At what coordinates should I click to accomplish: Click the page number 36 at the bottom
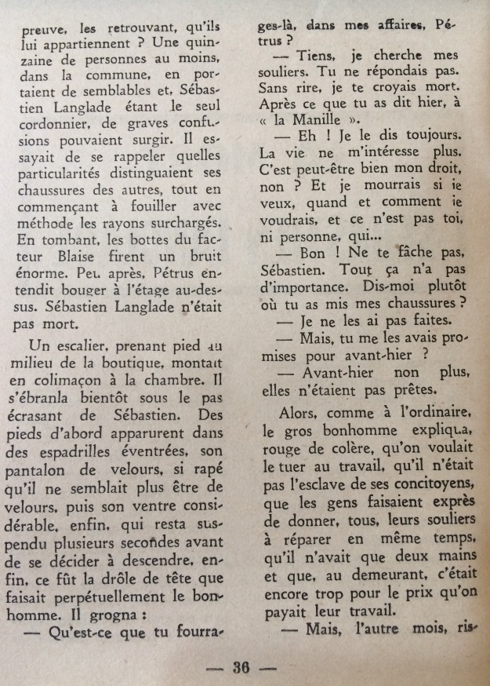tap(240, 669)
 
